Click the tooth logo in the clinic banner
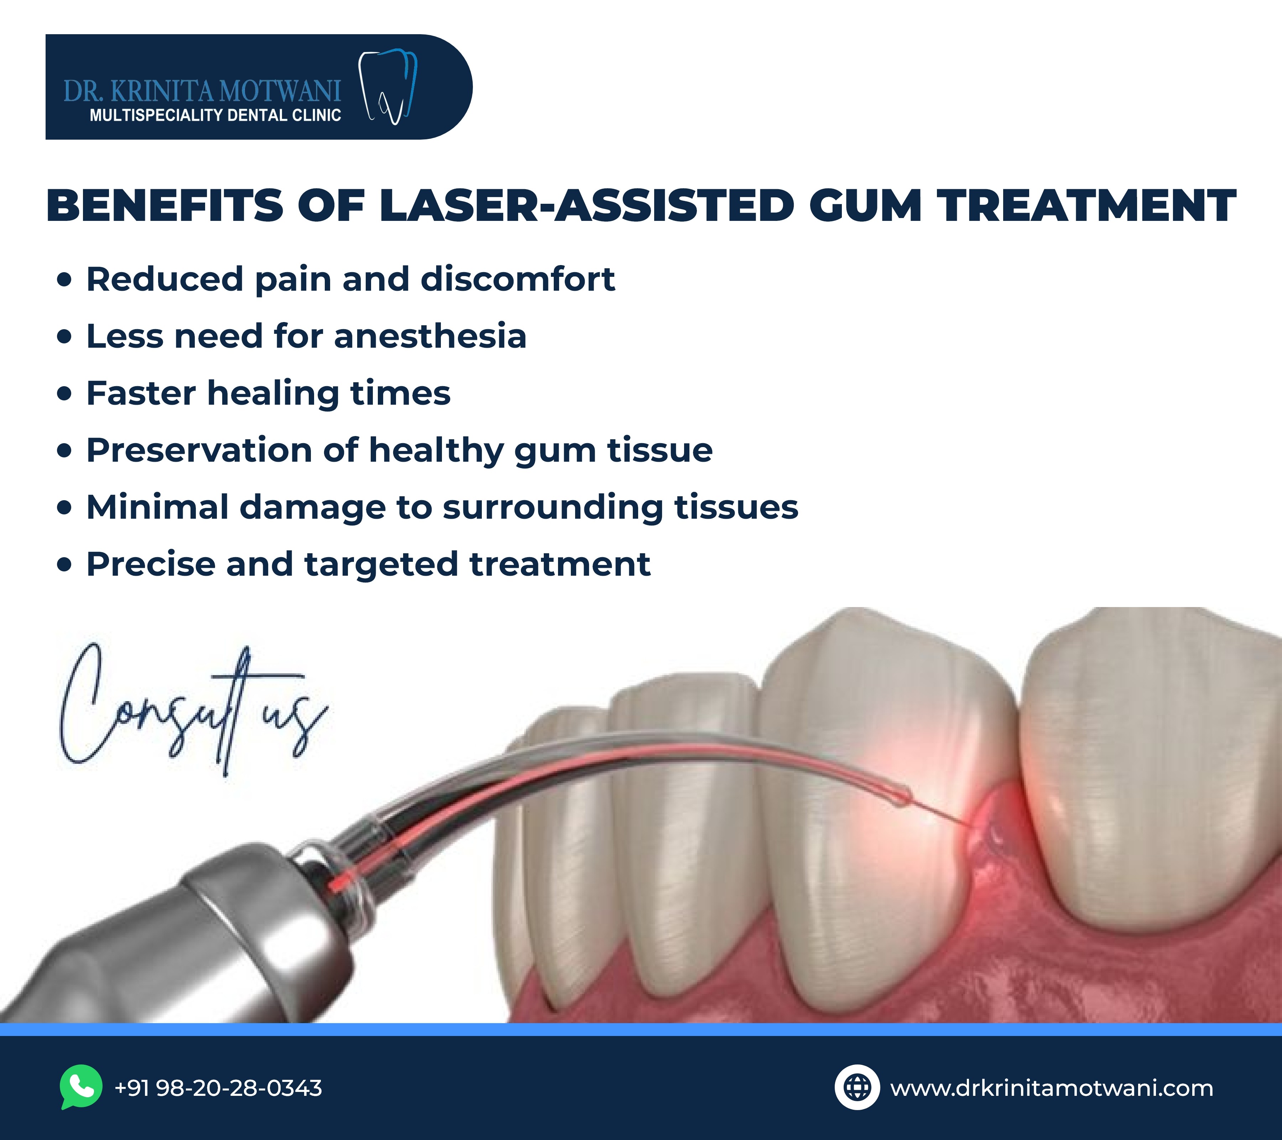click(x=387, y=87)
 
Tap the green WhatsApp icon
click(x=81, y=1087)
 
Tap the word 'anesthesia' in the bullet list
click(x=430, y=336)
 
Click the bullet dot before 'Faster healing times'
click(x=64, y=393)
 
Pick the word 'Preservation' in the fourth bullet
click(x=199, y=451)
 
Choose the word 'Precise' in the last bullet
click(x=151, y=564)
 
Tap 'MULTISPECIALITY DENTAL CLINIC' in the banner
click(x=215, y=115)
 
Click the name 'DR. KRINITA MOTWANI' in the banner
click(x=202, y=92)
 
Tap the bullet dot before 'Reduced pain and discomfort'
click(x=64, y=279)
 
